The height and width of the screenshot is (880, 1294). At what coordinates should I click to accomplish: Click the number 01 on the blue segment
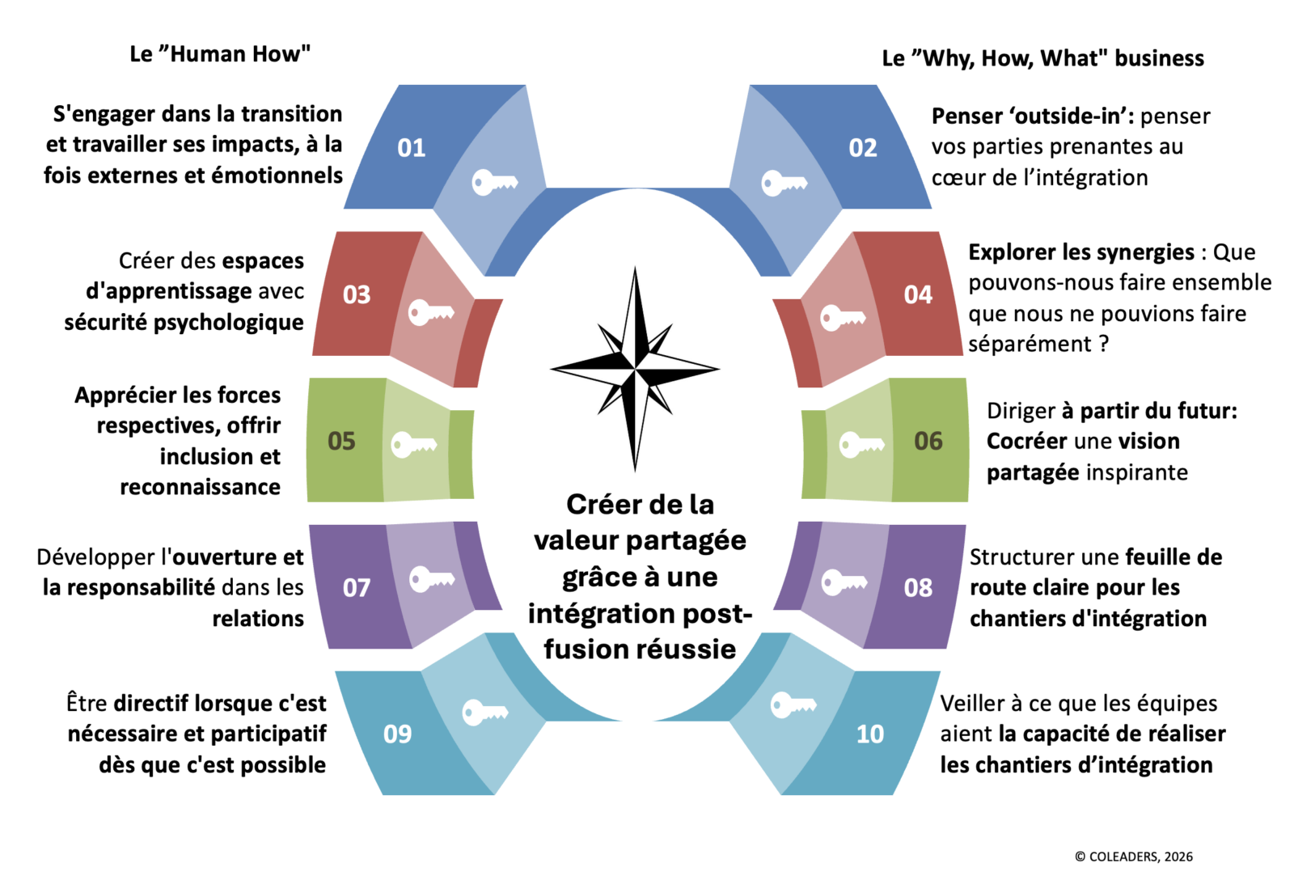tap(411, 148)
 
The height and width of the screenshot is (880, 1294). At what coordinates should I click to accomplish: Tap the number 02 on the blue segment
tap(862, 148)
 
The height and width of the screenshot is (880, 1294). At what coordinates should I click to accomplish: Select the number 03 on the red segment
tap(357, 294)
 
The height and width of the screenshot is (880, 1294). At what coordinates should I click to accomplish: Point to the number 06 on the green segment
tap(928, 441)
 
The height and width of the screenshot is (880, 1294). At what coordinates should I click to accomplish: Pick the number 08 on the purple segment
tap(918, 587)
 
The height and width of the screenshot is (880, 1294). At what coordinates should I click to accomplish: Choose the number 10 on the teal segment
tap(870, 734)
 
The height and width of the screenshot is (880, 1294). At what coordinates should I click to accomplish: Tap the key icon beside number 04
tap(842, 317)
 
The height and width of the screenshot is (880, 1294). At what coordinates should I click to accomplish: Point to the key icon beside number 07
tap(431, 579)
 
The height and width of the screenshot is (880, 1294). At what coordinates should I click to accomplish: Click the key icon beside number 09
tap(484, 712)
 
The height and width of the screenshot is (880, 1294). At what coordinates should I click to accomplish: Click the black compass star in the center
tap(635, 369)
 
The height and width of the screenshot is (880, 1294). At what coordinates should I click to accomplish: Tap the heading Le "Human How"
tap(220, 54)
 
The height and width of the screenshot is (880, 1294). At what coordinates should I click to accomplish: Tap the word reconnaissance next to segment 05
tap(200, 487)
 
